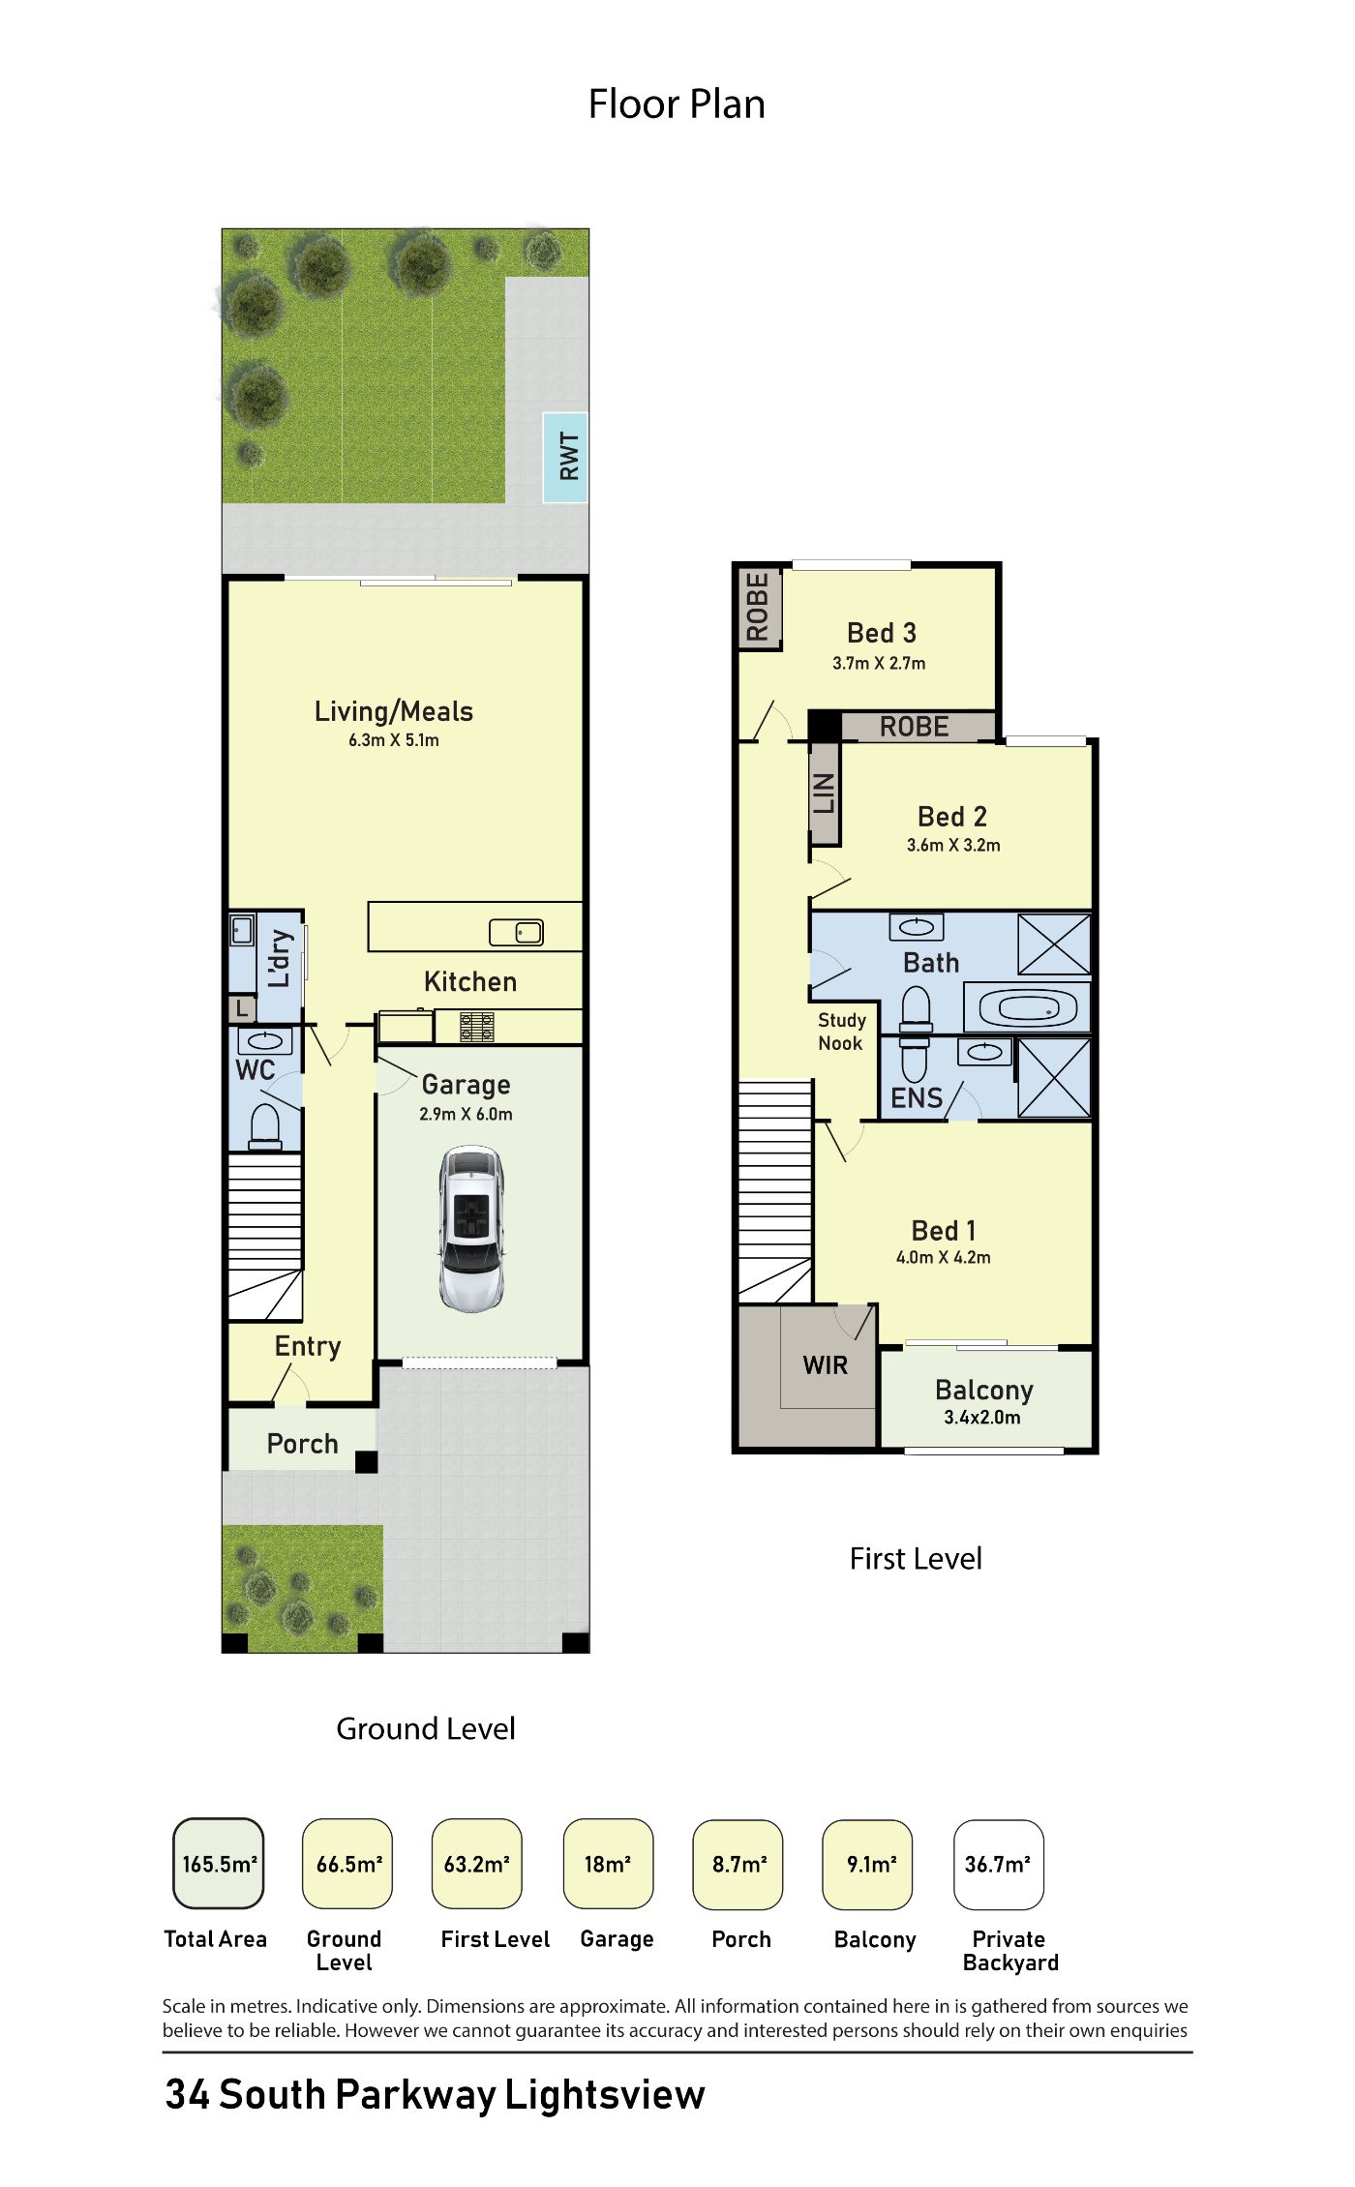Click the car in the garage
[x=471, y=1229]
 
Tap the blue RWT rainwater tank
[x=565, y=457]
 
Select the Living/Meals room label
[x=394, y=712]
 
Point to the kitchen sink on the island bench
[x=516, y=932]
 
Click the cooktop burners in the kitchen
[x=477, y=1027]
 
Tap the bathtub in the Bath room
[x=1028, y=1007]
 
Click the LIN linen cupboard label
[x=824, y=794]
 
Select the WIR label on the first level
[x=826, y=1365]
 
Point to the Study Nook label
[x=841, y=1032]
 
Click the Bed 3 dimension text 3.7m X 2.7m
[x=879, y=664]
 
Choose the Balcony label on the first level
[x=984, y=1391]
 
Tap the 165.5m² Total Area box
[x=219, y=1864]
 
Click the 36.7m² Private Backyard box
[x=999, y=1864]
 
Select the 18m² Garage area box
[x=608, y=1864]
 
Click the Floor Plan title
[x=677, y=105]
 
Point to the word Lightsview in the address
[x=605, y=2095]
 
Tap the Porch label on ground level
[x=303, y=1444]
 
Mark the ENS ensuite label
[x=917, y=1098]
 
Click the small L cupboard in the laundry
[x=242, y=1008]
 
